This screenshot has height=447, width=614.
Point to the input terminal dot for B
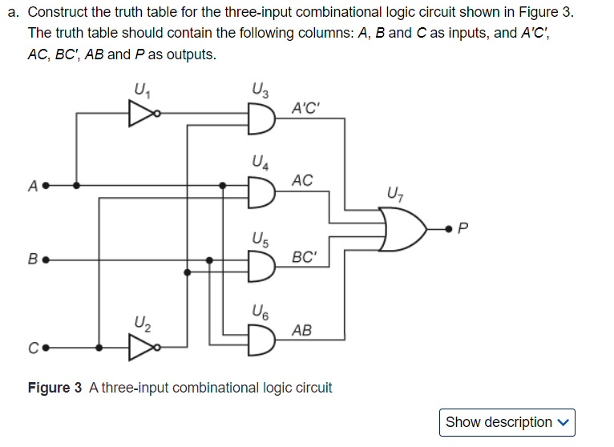[x=46, y=260]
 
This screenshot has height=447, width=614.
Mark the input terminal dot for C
[x=46, y=348]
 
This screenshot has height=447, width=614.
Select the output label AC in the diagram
[x=302, y=180]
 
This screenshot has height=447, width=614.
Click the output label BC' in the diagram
[x=305, y=257]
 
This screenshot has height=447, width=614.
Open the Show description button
[x=507, y=421]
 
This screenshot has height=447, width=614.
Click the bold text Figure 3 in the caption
[x=55, y=388]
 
